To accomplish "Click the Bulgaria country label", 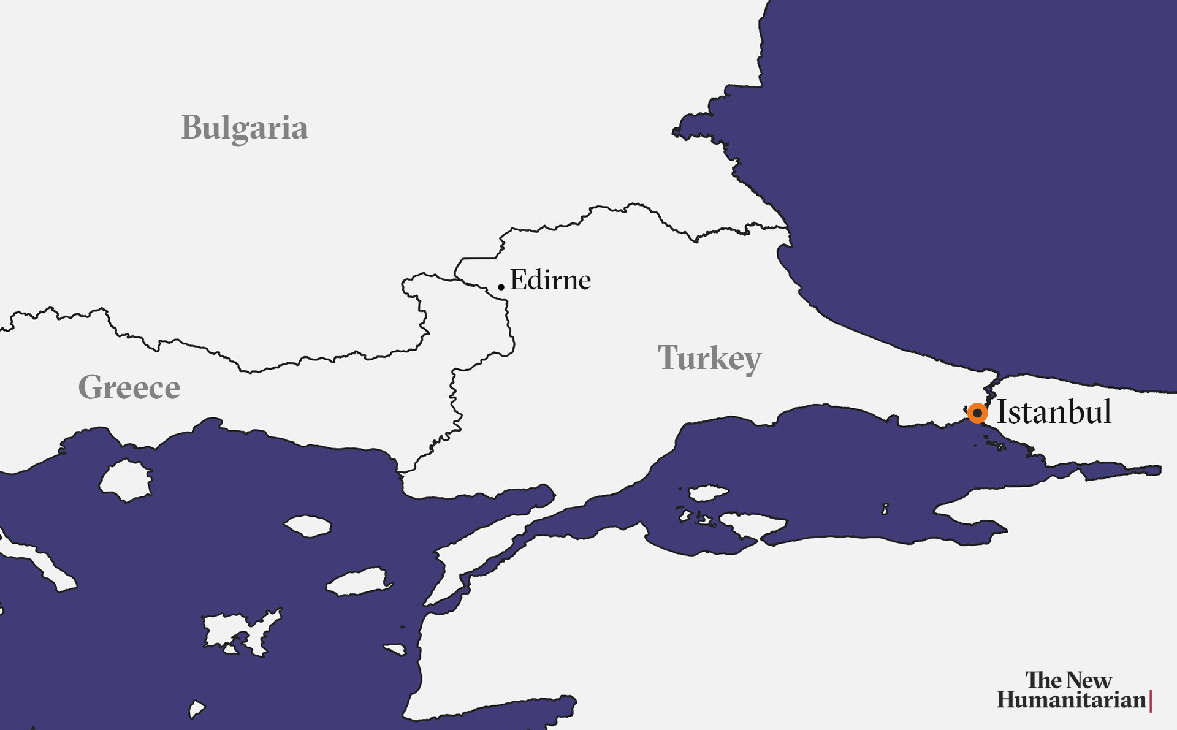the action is pos(244,128).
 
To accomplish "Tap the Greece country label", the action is pos(129,387).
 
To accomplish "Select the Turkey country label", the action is pos(709,358).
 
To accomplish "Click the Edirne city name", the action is pos(550,280).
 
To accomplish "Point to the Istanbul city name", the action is pos(1054,411).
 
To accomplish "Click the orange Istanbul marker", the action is pos(977,413).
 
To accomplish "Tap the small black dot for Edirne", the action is pos(501,287).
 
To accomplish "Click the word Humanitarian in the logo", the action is pos(1071,700).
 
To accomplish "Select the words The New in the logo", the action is pos(1068,680).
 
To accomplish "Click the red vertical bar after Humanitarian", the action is pos(1151,701).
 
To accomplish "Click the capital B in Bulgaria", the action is pos(191,127).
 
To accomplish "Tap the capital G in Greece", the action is pos(91,387).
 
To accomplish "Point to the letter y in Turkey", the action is pos(751,362).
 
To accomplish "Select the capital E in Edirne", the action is pos(518,280).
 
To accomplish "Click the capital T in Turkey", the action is pos(667,357).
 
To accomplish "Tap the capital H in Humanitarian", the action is pos(1007,700).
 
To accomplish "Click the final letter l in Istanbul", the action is pos(1107,410).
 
